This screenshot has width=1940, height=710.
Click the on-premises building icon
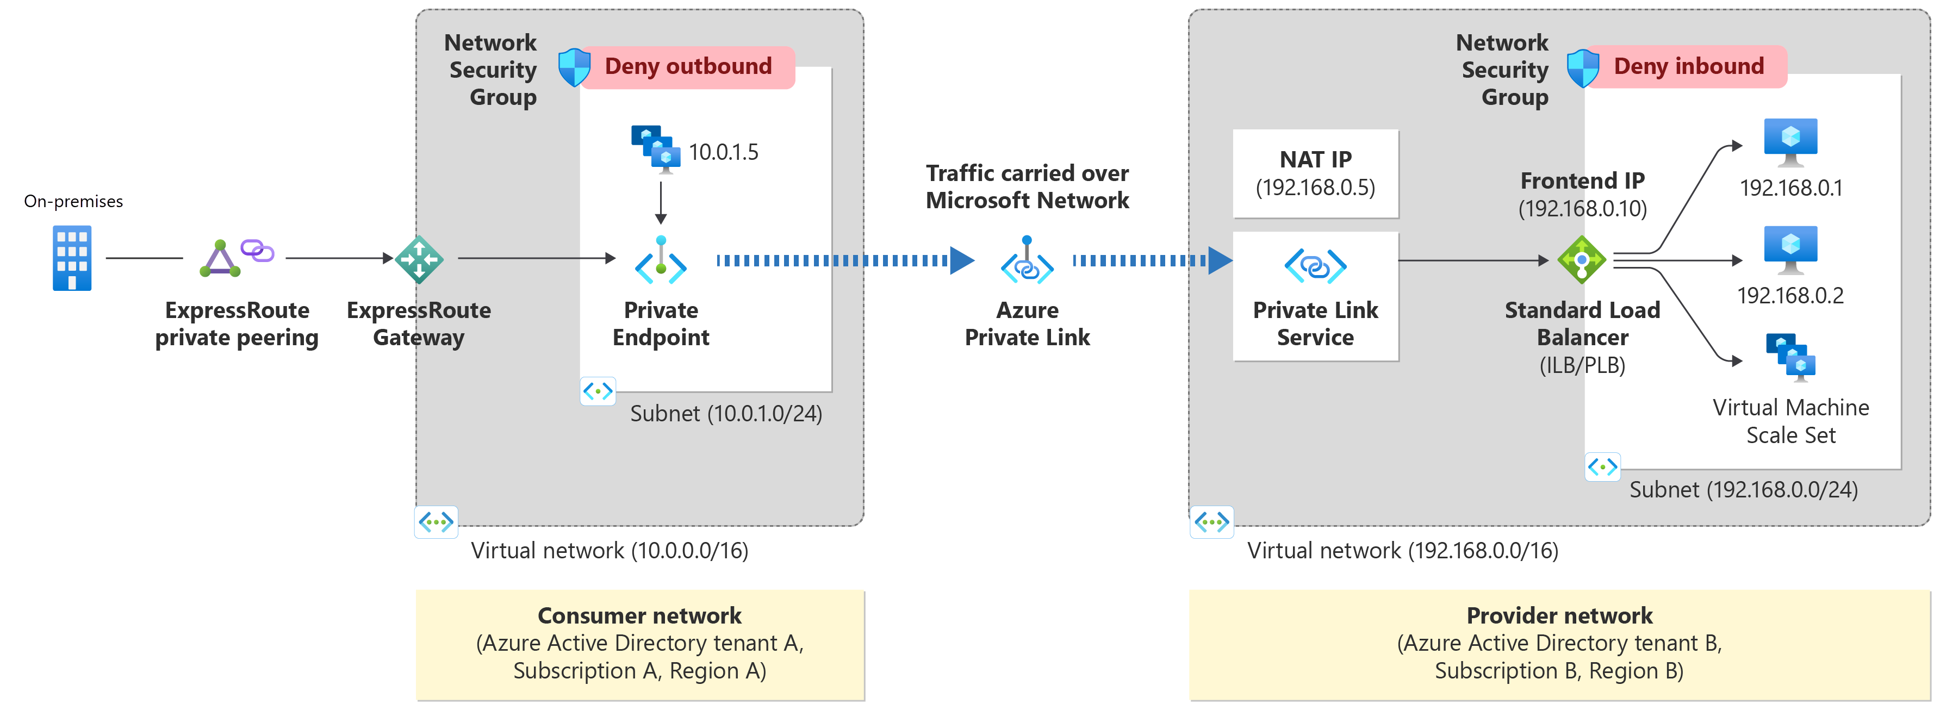[72, 258]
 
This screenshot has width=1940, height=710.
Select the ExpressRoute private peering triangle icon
[220, 259]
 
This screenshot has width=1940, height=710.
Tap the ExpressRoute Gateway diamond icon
[419, 259]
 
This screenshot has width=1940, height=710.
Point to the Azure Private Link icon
[1027, 261]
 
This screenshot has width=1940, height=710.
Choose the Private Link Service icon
[1315, 266]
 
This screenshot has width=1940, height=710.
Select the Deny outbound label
[688, 66]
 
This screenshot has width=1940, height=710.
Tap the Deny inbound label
[1688, 66]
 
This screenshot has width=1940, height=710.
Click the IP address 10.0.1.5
[723, 152]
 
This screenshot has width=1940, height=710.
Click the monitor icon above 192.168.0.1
[1790, 141]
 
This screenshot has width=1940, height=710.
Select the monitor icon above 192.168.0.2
[1790, 249]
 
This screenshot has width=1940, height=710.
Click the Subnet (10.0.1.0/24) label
[725, 413]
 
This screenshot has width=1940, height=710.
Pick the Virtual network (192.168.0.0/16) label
[1402, 550]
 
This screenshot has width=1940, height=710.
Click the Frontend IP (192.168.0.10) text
[1582, 194]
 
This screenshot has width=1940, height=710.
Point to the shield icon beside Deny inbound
[1582, 68]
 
